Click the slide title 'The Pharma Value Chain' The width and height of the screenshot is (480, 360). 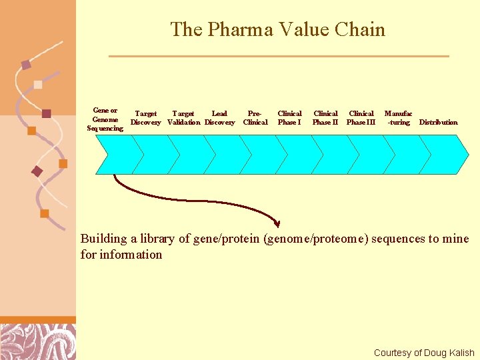(277, 30)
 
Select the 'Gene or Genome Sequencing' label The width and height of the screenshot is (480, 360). (105, 119)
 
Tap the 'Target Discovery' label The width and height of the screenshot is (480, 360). (145, 118)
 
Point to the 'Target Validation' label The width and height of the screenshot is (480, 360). (183, 118)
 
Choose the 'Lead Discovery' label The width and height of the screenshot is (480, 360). (219, 118)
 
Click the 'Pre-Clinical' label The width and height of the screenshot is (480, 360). (255, 118)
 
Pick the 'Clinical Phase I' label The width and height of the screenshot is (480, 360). (289, 118)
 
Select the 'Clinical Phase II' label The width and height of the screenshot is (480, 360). (325, 118)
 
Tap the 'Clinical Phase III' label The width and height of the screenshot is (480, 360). (361, 118)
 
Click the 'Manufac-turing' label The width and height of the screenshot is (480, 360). (399, 118)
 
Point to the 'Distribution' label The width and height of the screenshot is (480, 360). (438, 122)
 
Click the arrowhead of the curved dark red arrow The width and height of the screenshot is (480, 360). (277, 223)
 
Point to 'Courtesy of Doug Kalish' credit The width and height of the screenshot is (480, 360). (424, 353)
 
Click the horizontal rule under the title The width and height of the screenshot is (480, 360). (279, 56)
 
